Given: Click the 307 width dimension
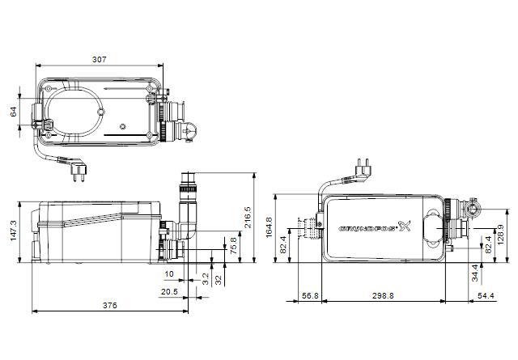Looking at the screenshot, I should (99, 59).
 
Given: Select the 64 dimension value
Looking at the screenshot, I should (13, 112).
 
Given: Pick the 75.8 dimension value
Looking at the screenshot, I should (234, 245).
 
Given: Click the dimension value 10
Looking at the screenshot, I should (169, 274).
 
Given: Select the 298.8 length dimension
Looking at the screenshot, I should (383, 296).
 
